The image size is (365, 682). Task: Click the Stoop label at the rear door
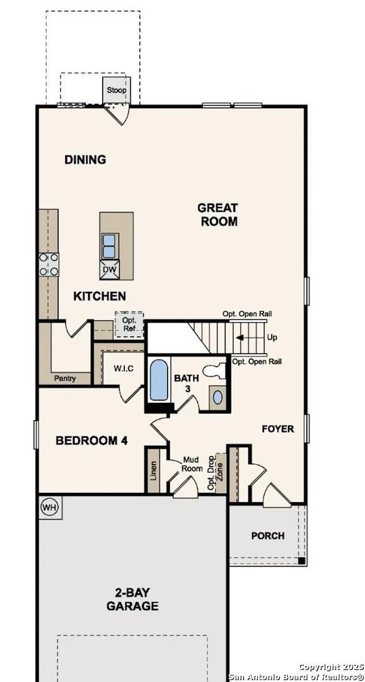tap(116, 90)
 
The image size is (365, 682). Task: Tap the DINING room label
tap(85, 160)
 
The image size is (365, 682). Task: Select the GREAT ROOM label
tap(218, 214)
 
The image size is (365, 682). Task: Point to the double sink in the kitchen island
tap(109, 246)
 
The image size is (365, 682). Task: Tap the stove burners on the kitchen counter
tap(49, 264)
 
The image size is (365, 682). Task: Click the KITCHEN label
tap(100, 296)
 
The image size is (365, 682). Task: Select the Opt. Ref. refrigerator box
tap(129, 323)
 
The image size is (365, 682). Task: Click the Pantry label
tap(64, 379)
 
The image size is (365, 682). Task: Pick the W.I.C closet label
tap(123, 368)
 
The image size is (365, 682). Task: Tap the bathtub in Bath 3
tap(159, 380)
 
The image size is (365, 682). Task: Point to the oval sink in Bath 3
tap(217, 397)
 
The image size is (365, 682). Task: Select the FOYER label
tap(278, 429)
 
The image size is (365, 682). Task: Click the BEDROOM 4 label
tap(92, 440)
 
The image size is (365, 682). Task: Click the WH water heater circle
tap(50, 506)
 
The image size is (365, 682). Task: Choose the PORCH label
tap(268, 535)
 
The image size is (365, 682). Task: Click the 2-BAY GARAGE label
tap(136, 599)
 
